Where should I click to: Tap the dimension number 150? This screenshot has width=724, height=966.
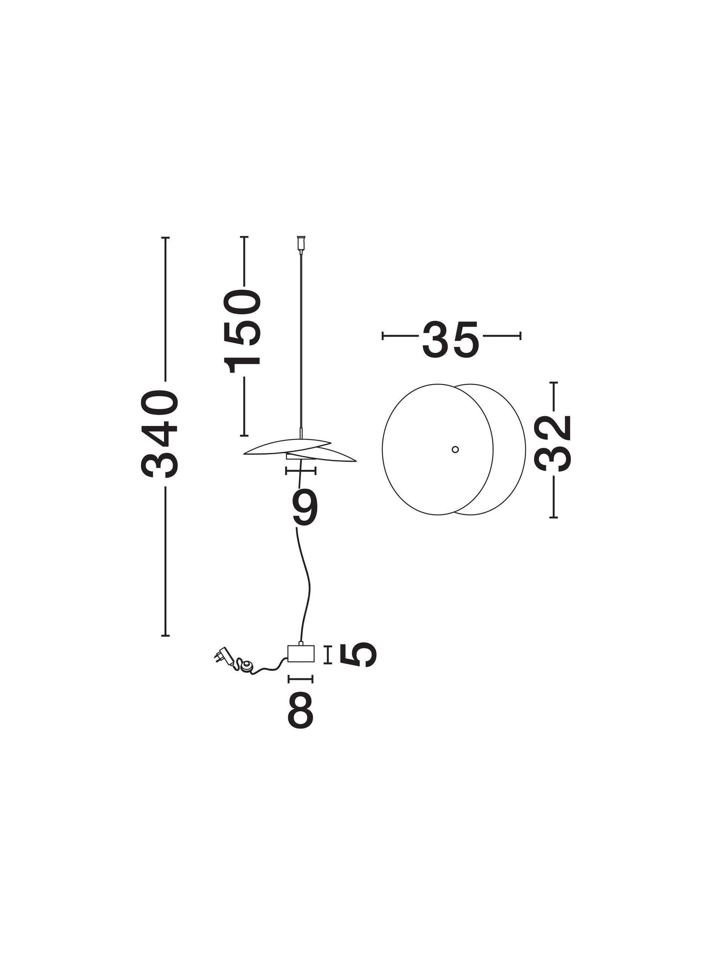point(242,331)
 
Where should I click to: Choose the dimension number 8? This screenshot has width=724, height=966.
point(300,711)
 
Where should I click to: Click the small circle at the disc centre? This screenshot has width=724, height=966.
point(455,449)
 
